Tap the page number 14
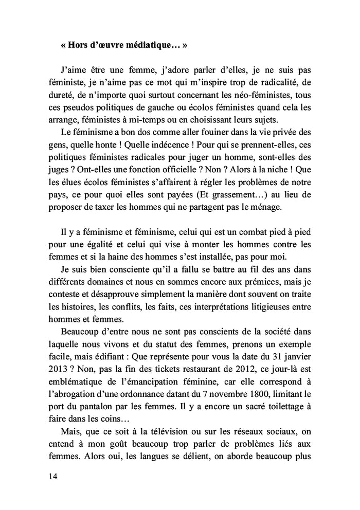pos(50,476)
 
